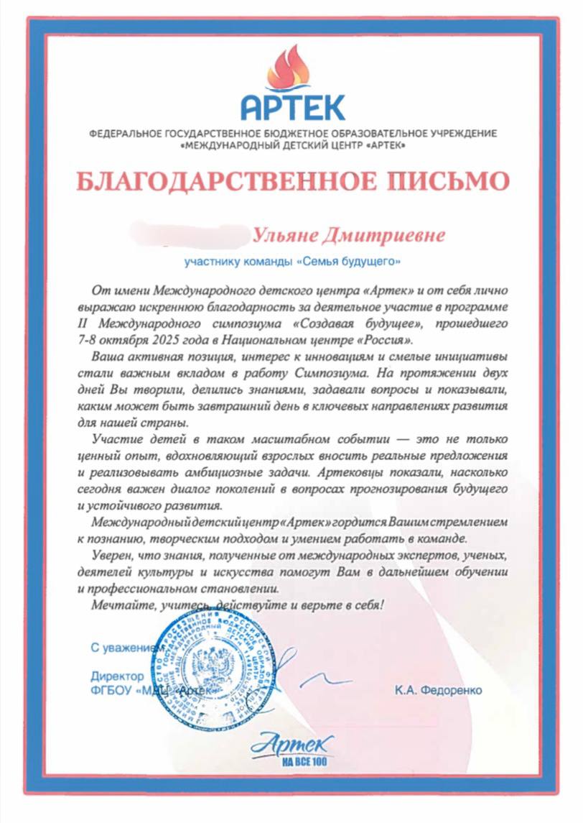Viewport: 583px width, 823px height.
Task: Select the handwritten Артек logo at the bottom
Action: (291, 741)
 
